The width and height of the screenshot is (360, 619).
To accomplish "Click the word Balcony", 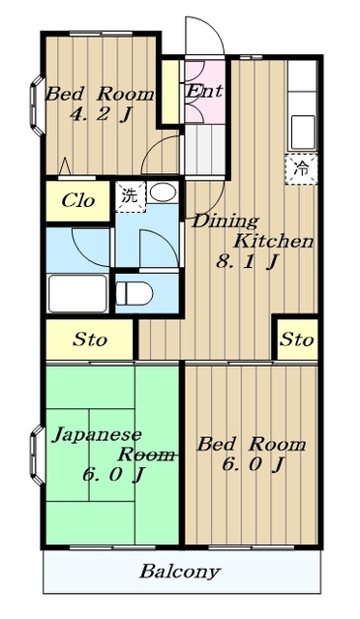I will [x=179, y=571].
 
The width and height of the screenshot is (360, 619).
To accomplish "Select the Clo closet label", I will [x=77, y=201].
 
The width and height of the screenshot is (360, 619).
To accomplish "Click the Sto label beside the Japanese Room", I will [x=90, y=340].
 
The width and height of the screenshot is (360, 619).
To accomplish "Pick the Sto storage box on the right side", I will [x=297, y=339].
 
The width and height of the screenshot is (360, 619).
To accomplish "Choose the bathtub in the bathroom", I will [x=77, y=293].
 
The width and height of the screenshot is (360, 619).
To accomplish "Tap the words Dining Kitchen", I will [x=251, y=230].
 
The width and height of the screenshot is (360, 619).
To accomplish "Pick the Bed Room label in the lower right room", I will [x=251, y=445].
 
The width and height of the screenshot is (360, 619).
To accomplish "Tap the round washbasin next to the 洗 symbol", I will [x=164, y=192].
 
